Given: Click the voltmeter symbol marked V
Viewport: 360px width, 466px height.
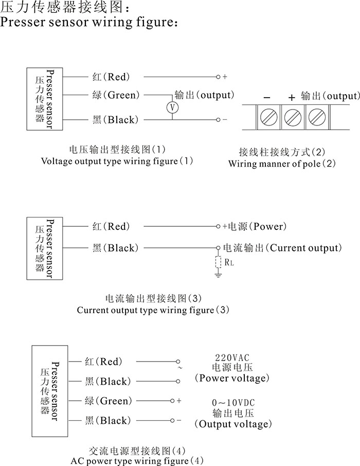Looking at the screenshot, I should click(x=173, y=107).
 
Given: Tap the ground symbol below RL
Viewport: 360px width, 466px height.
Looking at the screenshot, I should click(x=218, y=276).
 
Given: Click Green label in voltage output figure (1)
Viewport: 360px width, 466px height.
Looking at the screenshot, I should click(x=116, y=95).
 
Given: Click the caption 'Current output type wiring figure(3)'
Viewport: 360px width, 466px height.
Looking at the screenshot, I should click(x=153, y=310).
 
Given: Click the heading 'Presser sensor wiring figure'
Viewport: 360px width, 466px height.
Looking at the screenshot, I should click(x=90, y=23).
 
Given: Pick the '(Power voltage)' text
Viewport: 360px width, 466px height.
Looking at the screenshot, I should click(x=232, y=379).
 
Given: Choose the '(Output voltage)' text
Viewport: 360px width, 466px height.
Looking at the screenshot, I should click(x=232, y=424).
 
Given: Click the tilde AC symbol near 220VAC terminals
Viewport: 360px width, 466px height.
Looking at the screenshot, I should click(x=179, y=368).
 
